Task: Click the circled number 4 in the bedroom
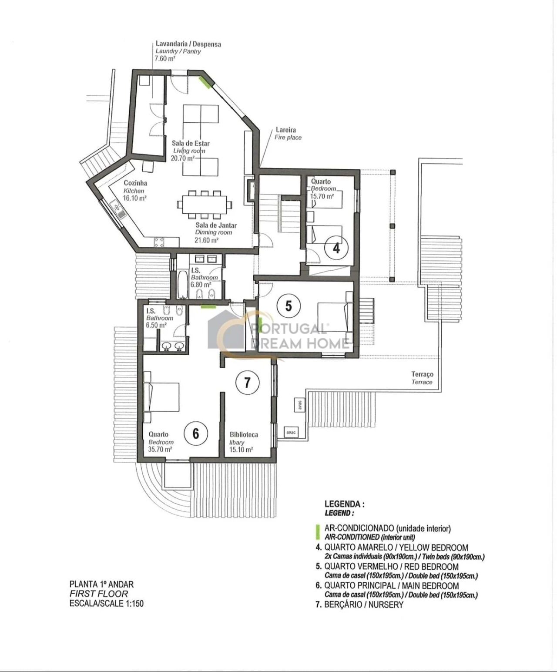pos(336,248)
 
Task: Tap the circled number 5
pos(289,306)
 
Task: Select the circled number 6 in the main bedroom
pos(196,433)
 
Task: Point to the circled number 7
pos(247,383)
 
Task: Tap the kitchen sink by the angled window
pos(117,209)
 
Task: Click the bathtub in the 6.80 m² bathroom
pos(183,284)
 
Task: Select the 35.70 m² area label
pos(160,450)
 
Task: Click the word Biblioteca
pos(244,434)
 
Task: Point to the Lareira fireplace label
pos(286,130)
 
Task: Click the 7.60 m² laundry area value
pos(165,59)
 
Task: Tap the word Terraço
pos(422,374)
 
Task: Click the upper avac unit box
pos(299,405)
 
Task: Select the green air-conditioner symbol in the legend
pos(318,532)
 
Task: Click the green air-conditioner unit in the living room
pos(205,82)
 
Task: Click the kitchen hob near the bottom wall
pos(159,243)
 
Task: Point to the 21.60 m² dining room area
pos(207,240)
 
